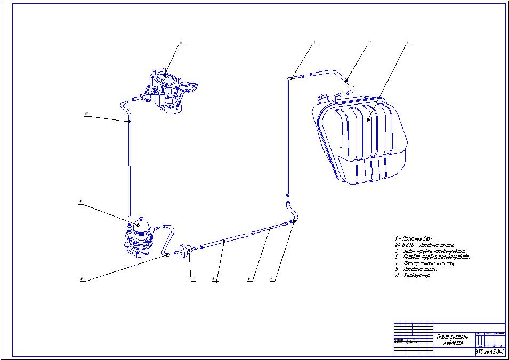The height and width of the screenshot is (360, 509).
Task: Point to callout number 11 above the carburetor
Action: pyautogui.click(x=181, y=45)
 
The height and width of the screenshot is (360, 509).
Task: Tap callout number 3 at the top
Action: pyautogui.click(x=314, y=42)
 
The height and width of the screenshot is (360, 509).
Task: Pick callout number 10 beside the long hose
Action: pyautogui.click(x=86, y=113)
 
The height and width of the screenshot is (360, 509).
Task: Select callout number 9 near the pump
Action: pyautogui.click(x=79, y=202)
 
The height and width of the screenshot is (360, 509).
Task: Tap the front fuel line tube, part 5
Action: pyautogui.click(x=270, y=228)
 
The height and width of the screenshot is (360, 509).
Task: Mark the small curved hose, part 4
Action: pyautogui.click(x=293, y=213)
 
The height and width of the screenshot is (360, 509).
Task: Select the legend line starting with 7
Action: pyautogui.click(x=424, y=263)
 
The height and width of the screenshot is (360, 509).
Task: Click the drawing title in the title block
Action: pyautogui.click(x=453, y=339)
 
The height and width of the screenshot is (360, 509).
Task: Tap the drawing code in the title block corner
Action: pyautogui.click(x=489, y=351)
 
